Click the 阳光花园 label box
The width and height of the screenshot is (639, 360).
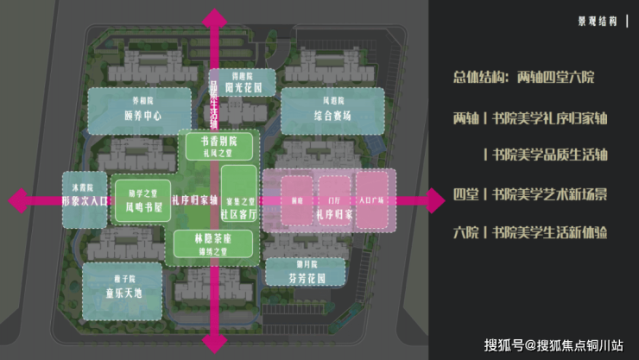tap(247, 82)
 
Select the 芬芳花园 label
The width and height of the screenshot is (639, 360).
tap(306, 273)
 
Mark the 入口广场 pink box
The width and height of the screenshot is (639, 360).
tap(376, 200)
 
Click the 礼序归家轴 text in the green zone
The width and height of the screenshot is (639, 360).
tap(193, 200)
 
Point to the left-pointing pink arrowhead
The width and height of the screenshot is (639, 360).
tap(17, 200)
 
